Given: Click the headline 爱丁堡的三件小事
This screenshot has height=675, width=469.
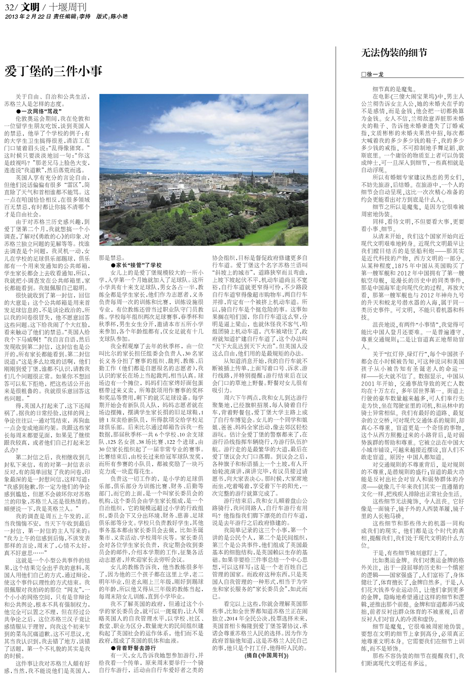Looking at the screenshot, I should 54,71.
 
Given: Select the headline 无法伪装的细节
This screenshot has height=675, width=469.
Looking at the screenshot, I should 394,53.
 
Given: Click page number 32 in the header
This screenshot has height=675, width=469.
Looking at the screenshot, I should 9,7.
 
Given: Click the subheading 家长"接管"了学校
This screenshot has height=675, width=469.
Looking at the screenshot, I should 136,265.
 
